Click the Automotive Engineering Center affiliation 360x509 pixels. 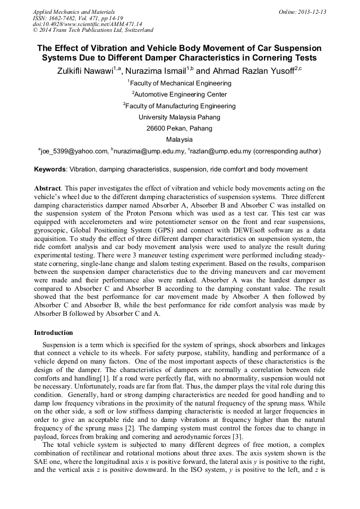(181, 94)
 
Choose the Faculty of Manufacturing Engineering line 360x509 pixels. (181, 106)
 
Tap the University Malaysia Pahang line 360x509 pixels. (179, 117)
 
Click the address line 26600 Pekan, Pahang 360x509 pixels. (179, 128)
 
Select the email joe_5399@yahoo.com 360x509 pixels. (75, 151)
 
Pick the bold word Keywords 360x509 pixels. (50, 169)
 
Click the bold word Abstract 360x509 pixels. (47, 188)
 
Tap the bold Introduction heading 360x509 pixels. (54, 333)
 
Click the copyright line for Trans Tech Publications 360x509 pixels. (93, 30)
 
